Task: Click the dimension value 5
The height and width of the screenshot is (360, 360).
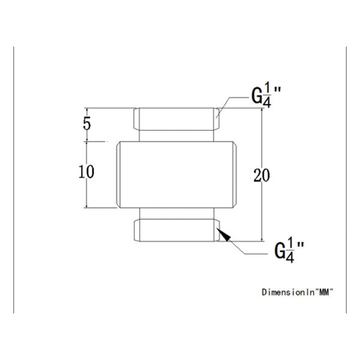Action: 87,125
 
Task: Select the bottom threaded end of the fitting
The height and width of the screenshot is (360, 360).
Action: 175,231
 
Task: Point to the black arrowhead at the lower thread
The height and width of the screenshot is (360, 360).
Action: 223,235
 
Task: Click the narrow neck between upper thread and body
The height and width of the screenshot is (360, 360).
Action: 175,136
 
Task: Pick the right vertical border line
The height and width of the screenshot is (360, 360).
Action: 347,180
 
